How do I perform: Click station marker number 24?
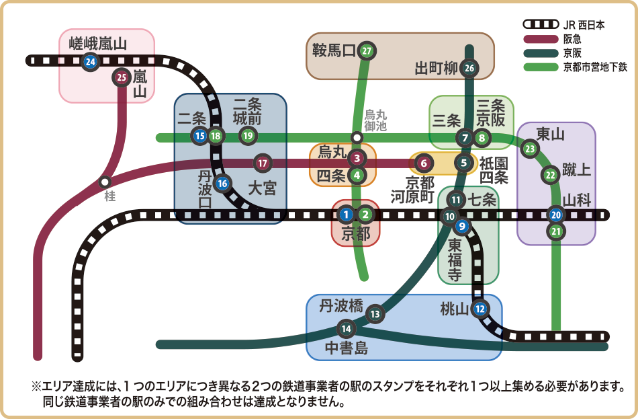[x=89, y=62]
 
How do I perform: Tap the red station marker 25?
[x=122, y=77]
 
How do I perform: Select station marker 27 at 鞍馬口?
[x=366, y=50]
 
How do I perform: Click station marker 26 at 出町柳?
[x=469, y=68]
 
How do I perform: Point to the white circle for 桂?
[x=105, y=182]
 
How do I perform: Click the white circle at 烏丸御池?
[x=357, y=137]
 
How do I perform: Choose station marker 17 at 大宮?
[x=263, y=162]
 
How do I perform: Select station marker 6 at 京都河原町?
[x=422, y=162]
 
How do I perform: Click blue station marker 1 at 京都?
[x=346, y=215]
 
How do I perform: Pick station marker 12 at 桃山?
[x=479, y=309]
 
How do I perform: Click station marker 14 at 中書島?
[x=346, y=329]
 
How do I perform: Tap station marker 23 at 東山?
[x=530, y=149]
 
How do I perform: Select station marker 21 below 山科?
[x=555, y=232]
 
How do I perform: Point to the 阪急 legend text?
[x=573, y=40]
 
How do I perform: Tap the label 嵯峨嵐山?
[x=98, y=44]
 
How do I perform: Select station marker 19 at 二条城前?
[x=248, y=136]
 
